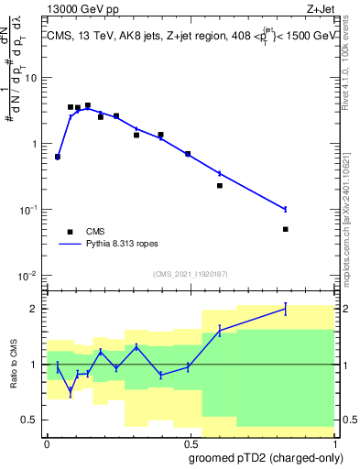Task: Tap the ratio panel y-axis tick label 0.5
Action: click(31, 420)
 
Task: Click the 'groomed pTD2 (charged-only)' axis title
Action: click(266, 457)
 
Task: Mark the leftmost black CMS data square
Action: click(58, 157)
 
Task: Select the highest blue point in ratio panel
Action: click(286, 308)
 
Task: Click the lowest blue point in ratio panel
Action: click(71, 392)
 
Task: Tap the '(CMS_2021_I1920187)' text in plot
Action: click(190, 274)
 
